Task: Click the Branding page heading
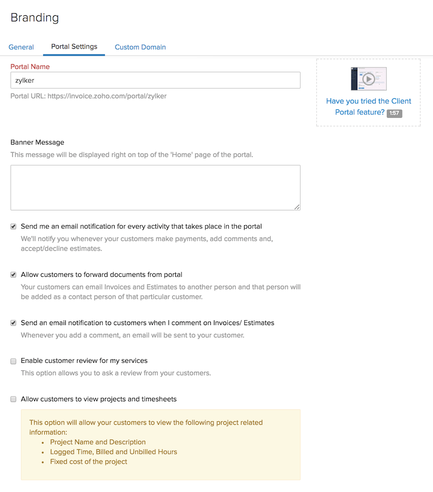(x=35, y=18)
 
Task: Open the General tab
(x=21, y=47)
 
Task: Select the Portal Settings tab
(x=74, y=47)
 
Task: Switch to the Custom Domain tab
(x=140, y=47)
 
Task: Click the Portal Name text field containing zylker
(x=155, y=80)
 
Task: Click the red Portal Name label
(x=30, y=67)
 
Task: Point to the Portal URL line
(x=89, y=96)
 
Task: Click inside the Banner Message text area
(x=155, y=187)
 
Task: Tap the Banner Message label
(x=37, y=142)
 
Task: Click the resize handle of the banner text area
(x=297, y=207)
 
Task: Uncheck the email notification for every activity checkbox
(x=14, y=226)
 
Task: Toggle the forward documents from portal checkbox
(x=14, y=275)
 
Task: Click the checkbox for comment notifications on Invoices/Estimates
(x=14, y=323)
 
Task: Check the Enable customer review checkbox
(x=14, y=361)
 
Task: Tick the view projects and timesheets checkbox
(x=14, y=399)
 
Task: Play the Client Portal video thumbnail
(x=368, y=79)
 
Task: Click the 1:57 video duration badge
(x=394, y=113)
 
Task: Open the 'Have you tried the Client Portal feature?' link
(x=368, y=101)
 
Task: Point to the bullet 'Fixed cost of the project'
(x=89, y=462)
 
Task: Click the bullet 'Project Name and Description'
(x=98, y=442)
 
